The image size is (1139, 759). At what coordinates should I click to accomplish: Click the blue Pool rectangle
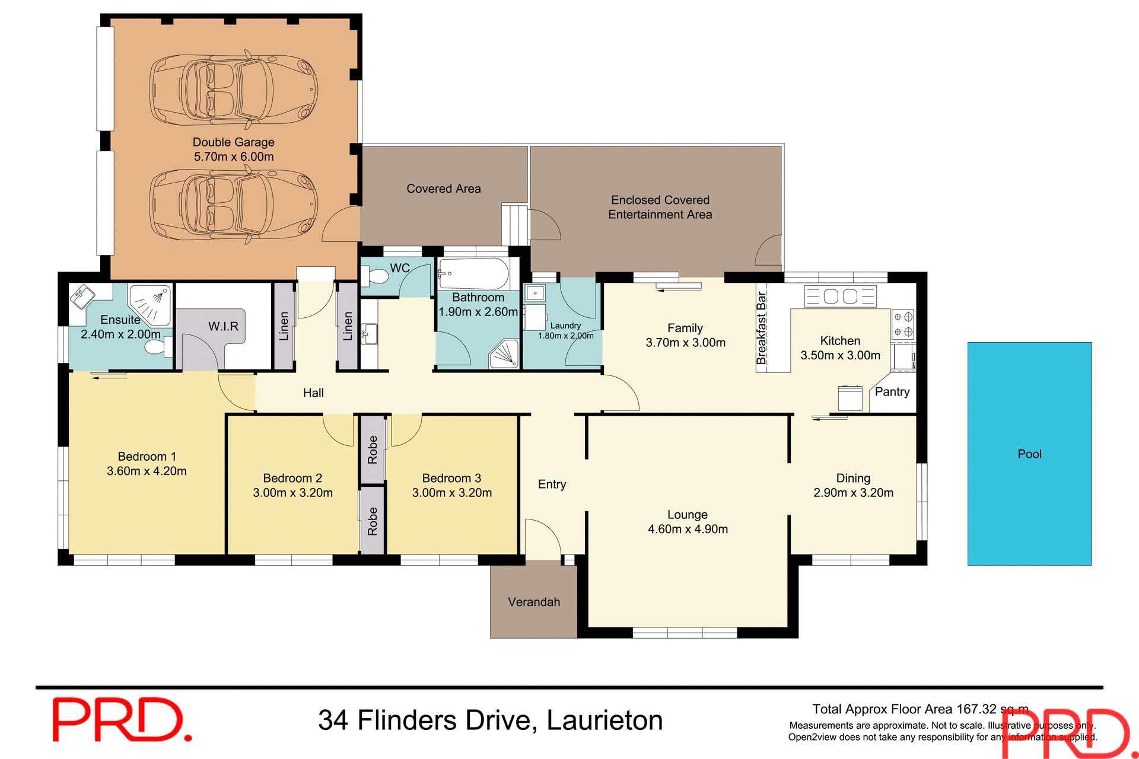(x=1029, y=454)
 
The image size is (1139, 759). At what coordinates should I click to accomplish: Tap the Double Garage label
(x=233, y=142)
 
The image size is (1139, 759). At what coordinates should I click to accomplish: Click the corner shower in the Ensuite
(x=151, y=303)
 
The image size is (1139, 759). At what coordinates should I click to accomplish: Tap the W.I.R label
(x=223, y=327)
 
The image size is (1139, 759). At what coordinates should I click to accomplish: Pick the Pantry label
(x=892, y=392)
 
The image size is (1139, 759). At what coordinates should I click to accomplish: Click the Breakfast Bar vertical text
(x=762, y=327)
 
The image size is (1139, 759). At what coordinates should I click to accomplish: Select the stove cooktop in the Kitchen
(x=903, y=324)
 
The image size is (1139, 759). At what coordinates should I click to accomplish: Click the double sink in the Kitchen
(x=840, y=296)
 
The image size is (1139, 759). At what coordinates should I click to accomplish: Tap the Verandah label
(x=533, y=602)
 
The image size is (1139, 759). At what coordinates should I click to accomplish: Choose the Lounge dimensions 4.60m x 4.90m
(x=688, y=530)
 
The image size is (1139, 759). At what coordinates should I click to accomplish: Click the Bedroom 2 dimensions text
(x=292, y=493)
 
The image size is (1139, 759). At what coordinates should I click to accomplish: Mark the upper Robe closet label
(x=373, y=449)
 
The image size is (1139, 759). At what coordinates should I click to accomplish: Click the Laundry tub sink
(x=534, y=294)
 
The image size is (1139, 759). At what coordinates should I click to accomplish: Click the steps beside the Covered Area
(x=514, y=224)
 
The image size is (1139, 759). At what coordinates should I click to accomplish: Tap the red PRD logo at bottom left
(x=122, y=719)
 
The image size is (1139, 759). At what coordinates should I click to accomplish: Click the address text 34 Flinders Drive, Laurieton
(x=490, y=720)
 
